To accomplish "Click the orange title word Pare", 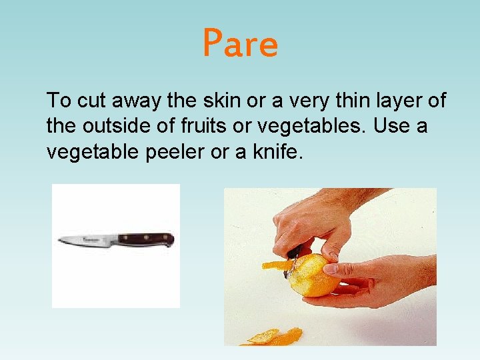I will click(x=240, y=44).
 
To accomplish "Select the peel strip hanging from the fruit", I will click(x=275, y=265).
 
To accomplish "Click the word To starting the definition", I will click(x=59, y=101).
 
